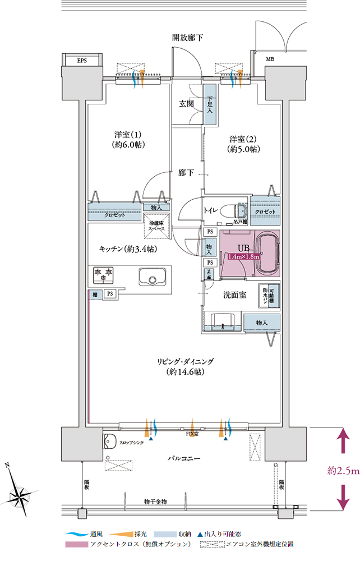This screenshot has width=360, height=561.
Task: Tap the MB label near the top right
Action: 270,59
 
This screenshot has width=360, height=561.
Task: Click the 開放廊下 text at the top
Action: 187,38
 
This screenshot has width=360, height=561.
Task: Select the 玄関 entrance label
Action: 187,104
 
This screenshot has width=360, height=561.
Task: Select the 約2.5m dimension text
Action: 343,471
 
